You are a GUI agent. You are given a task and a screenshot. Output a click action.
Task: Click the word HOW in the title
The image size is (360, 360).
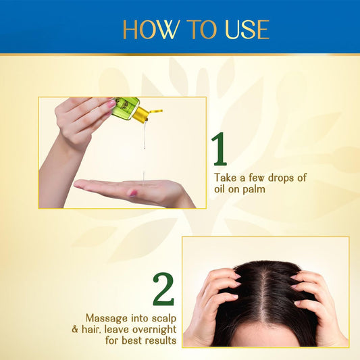[x=151, y=30]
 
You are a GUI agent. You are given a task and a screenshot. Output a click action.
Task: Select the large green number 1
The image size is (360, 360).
[x=220, y=149]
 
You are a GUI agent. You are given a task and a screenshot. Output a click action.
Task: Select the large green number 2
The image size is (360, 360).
[x=163, y=289]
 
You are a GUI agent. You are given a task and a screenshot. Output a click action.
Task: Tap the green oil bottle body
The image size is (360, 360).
[x=124, y=107]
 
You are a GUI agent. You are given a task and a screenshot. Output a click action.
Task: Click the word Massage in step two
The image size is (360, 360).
[x=107, y=319]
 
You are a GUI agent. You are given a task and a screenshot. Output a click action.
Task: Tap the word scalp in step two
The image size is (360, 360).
[x=164, y=319]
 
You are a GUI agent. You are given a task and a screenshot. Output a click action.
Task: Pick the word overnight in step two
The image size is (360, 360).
[x=155, y=330]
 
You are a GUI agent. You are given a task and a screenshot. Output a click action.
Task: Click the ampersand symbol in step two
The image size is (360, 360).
[x=75, y=330]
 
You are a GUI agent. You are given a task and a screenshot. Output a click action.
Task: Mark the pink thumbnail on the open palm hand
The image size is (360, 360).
[x=132, y=193]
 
